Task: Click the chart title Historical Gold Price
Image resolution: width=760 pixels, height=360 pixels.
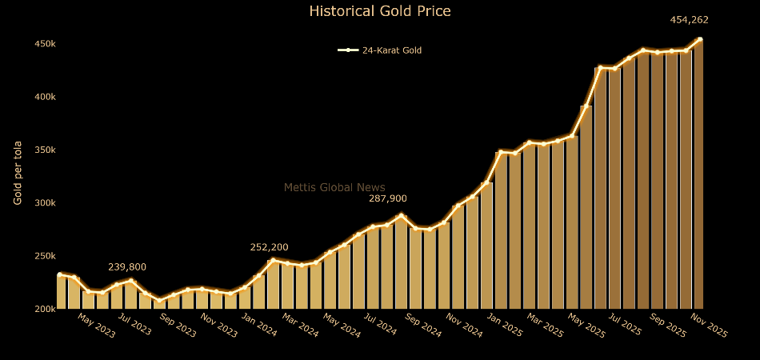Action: (379, 11)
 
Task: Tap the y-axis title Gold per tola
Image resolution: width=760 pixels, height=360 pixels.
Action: (18, 173)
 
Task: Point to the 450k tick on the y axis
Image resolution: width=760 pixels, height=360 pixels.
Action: (44, 44)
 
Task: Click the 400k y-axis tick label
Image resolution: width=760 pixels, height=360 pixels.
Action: (44, 97)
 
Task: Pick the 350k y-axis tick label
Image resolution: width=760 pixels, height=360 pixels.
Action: (44, 150)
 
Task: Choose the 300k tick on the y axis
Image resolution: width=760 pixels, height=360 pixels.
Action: (44, 203)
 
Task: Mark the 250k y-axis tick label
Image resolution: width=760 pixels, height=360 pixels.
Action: (44, 256)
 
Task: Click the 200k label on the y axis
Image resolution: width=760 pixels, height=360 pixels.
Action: (44, 309)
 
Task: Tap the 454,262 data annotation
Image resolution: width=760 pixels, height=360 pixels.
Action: (689, 21)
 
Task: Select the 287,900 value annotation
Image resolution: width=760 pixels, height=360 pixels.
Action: (387, 198)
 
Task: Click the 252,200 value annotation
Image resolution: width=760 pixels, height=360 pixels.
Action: (269, 247)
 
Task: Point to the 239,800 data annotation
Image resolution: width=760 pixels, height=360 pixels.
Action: (127, 267)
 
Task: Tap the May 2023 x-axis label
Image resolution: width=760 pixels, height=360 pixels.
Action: (97, 326)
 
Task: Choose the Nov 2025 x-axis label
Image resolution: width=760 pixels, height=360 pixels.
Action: (708, 326)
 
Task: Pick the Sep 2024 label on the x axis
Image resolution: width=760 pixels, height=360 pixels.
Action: (423, 326)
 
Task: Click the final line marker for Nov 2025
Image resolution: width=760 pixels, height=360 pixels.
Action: (700, 39)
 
